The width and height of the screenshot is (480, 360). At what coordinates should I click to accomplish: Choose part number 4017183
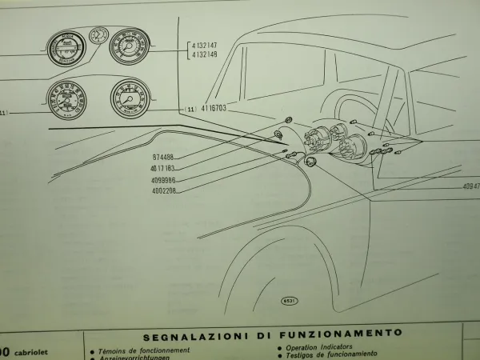tap(162, 169)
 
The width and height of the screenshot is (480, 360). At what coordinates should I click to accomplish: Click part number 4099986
tap(162, 180)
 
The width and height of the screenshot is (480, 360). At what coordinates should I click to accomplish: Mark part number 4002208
tap(162, 191)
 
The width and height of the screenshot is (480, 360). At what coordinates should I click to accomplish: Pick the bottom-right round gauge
tap(130, 98)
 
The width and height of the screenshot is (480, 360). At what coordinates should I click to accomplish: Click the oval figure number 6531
tap(290, 301)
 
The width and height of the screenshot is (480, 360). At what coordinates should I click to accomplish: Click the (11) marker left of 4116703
tap(189, 106)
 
